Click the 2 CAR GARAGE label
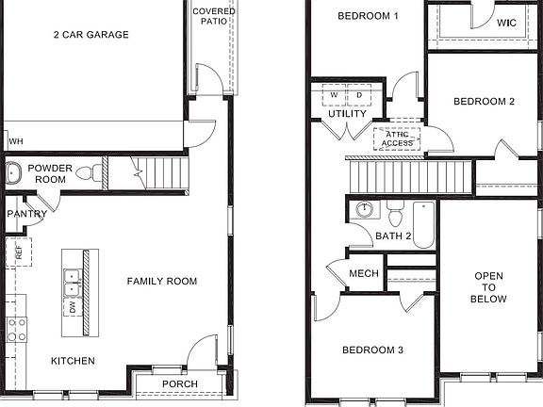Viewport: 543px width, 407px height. [x=90, y=35]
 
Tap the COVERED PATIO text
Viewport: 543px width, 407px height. [x=214, y=16]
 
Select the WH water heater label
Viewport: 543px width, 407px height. [x=15, y=141]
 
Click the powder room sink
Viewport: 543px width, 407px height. [x=14, y=172]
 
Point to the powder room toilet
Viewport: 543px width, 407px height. [x=88, y=173]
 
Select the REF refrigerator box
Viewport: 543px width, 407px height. [x=18, y=252]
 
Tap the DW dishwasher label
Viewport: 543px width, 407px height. [x=72, y=306]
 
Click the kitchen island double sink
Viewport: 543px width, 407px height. [x=72, y=278]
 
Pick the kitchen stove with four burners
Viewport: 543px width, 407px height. [x=16, y=328]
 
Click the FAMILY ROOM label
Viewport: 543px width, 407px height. [x=162, y=281]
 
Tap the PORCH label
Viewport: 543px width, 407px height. [x=180, y=383]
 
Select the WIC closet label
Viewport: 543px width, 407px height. [x=506, y=22]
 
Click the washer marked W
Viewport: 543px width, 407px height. [x=335, y=96]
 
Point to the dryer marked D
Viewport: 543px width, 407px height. [x=359, y=96]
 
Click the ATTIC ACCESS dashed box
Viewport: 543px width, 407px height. [x=396, y=138]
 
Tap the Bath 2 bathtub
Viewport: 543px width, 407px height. [x=423, y=226]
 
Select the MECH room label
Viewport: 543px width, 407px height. [x=364, y=273]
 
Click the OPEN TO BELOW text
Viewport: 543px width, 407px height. [x=490, y=287]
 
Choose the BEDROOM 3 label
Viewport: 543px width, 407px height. [x=372, y=350]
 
